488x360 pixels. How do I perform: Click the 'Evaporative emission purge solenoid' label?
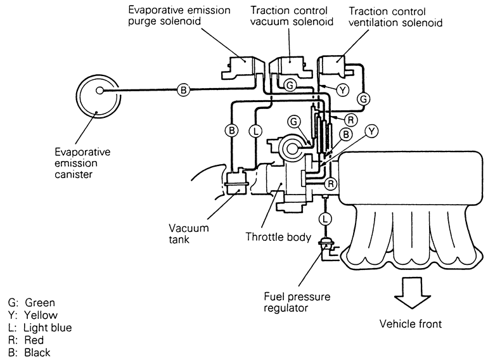coord(179,16)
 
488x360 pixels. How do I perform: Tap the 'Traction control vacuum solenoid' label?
coord(292,16)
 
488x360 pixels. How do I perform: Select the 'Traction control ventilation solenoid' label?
coord(395,17)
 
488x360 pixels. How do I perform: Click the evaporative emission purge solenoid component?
coord(243,68)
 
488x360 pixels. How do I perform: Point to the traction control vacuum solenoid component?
coord(290,67)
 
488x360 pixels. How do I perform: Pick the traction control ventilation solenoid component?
coord(335,68)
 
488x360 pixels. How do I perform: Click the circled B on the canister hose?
coord(184,90)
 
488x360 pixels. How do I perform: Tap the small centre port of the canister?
coord(100,91)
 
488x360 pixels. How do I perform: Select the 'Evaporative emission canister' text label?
coord(82,163)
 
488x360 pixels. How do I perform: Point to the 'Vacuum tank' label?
coord(189,234)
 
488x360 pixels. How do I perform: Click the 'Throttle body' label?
coord(278,237)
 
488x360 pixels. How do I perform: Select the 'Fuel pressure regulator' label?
coord(297,302)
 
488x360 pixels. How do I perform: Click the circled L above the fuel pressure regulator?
coord(325,219)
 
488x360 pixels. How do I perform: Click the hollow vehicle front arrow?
coord(412,292)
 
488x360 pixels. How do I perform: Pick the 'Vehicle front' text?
coord(411,324)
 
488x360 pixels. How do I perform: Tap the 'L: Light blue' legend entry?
coord(40,328)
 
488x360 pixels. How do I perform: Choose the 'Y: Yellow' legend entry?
coord(33,315)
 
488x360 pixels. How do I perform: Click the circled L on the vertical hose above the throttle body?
coord(255,131)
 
